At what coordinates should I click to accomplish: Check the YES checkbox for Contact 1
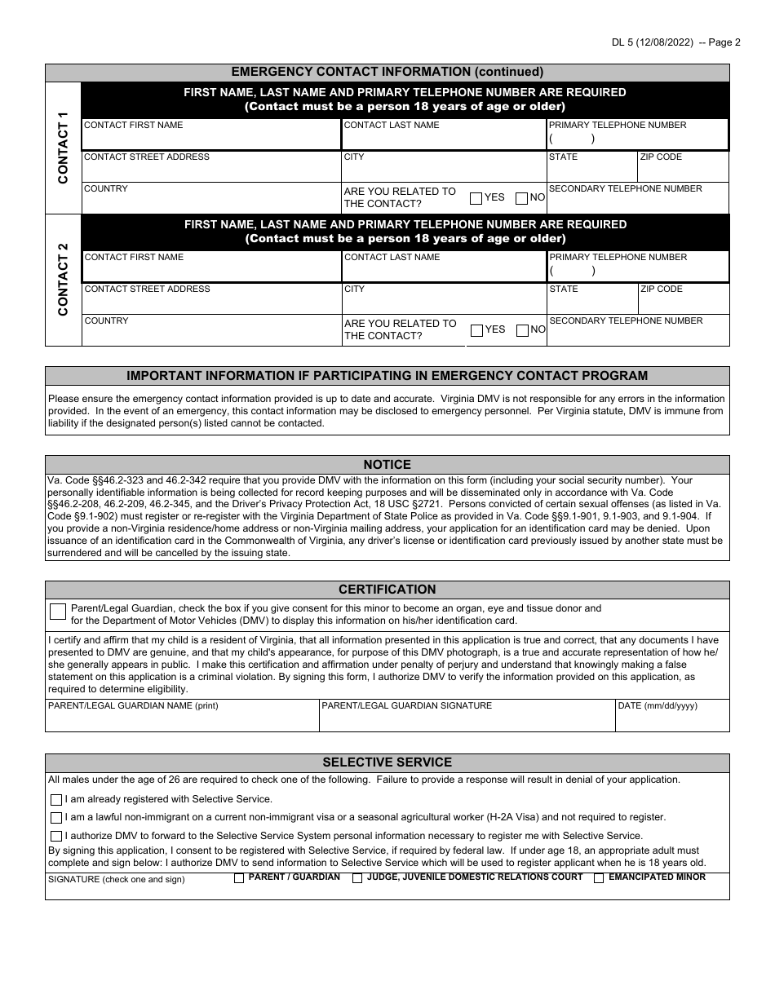coord(476,198)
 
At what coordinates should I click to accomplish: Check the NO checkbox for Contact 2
coord(522,330)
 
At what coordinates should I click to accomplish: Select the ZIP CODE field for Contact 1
coord(683,170)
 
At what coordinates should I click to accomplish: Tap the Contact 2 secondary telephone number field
coord(638,334)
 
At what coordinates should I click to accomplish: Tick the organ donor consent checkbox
coord(58,612)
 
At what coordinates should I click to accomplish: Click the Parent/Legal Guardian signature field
coord(467,720)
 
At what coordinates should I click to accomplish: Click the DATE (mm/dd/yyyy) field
coord(672,720)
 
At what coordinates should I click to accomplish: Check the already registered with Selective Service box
coord(56,800)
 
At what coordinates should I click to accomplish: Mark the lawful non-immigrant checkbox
coord(56,818)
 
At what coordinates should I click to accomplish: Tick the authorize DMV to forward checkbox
coord(56,836)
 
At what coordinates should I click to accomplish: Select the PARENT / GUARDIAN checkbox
coord(239,878)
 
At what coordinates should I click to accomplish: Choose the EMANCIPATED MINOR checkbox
coord(599,878)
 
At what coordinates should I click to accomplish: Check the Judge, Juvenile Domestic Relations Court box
coord(357,878)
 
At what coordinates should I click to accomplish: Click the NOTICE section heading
coord(387,465)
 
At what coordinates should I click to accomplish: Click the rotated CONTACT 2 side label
coord(64,280)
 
